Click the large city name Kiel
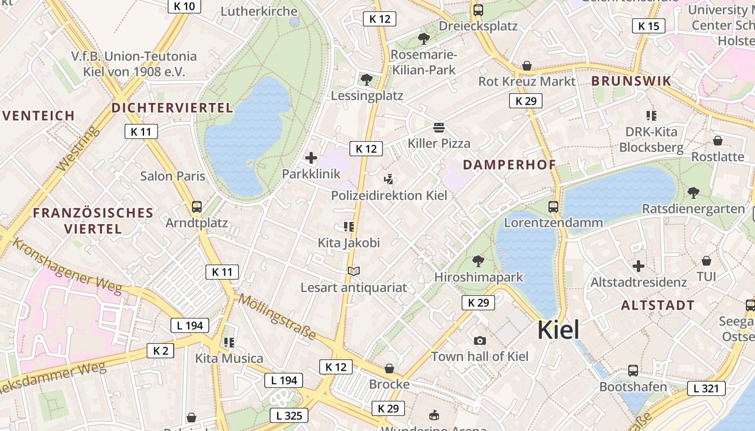click(558, 330)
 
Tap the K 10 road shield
click(184, 6)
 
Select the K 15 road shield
click(648, 26)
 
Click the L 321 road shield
click(706, 388)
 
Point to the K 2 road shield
click(161, 351)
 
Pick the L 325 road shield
click(289, 415)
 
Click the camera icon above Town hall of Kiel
click(479, 340)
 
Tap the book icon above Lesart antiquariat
click(354, 271)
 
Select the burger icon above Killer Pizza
click(439, 128)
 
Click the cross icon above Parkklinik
click(311, 158)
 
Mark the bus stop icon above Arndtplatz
click(197, 206)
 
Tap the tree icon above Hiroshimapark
click(478, 261)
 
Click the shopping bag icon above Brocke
click(389, 369)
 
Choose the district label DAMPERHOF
click(509, 165)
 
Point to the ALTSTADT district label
click(657, 305)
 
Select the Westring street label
click(78, 149)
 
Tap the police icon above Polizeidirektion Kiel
click(388, 179)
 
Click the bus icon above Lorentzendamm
click(553, 206)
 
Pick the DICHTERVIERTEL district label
click(172, 108)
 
